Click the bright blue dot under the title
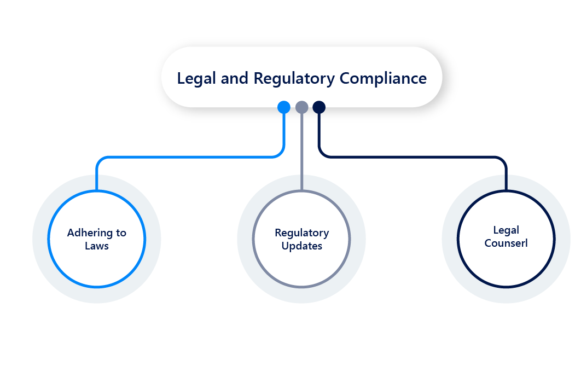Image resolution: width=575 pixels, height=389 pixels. tap(283, 107)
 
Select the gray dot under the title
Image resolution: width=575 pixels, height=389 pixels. tap(301, 107)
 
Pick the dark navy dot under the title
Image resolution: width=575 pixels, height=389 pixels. tap(319, 107)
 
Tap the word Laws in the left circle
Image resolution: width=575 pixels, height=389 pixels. tap(97, 246)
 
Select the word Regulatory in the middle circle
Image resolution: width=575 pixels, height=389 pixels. tap(301, 233)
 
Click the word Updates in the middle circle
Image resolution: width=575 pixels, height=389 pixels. tap(301, 246)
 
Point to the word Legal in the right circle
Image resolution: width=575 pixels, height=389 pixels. tap(506, 230)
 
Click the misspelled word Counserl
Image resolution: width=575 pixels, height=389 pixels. tap(506, 243)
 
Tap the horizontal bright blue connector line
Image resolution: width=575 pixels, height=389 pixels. tap(191, 157)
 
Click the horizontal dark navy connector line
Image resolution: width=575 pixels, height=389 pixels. tap(410, 157)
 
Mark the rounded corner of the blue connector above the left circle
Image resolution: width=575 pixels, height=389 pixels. tap(99, 160)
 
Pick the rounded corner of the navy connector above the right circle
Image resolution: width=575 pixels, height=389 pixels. tap(503, 160)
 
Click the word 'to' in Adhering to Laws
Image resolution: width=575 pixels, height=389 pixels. tap(121, 233)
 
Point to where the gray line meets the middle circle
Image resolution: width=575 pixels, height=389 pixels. tap(301, 190)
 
